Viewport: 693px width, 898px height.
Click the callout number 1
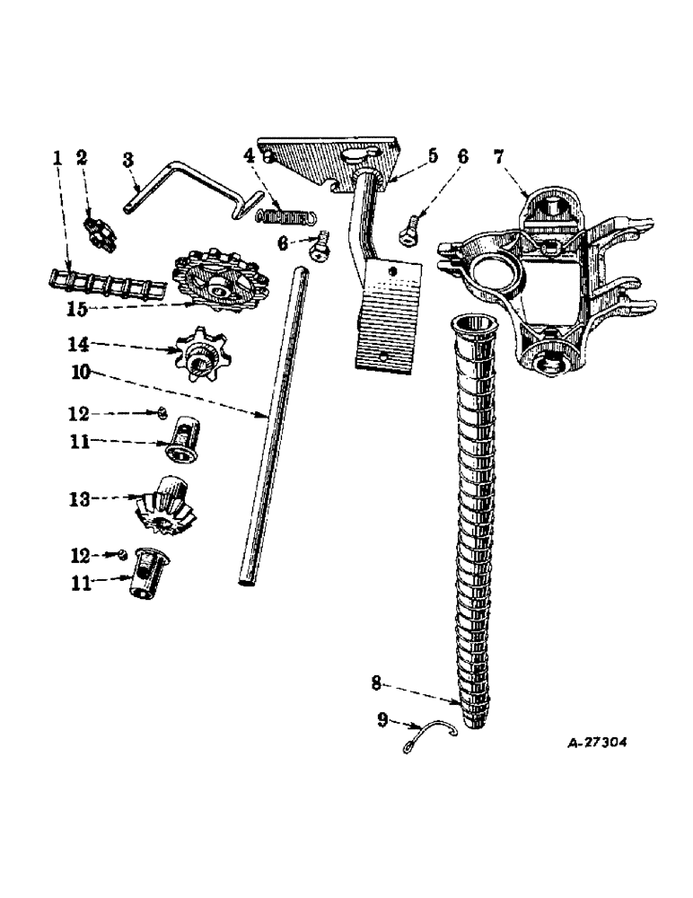coord(57,158)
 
